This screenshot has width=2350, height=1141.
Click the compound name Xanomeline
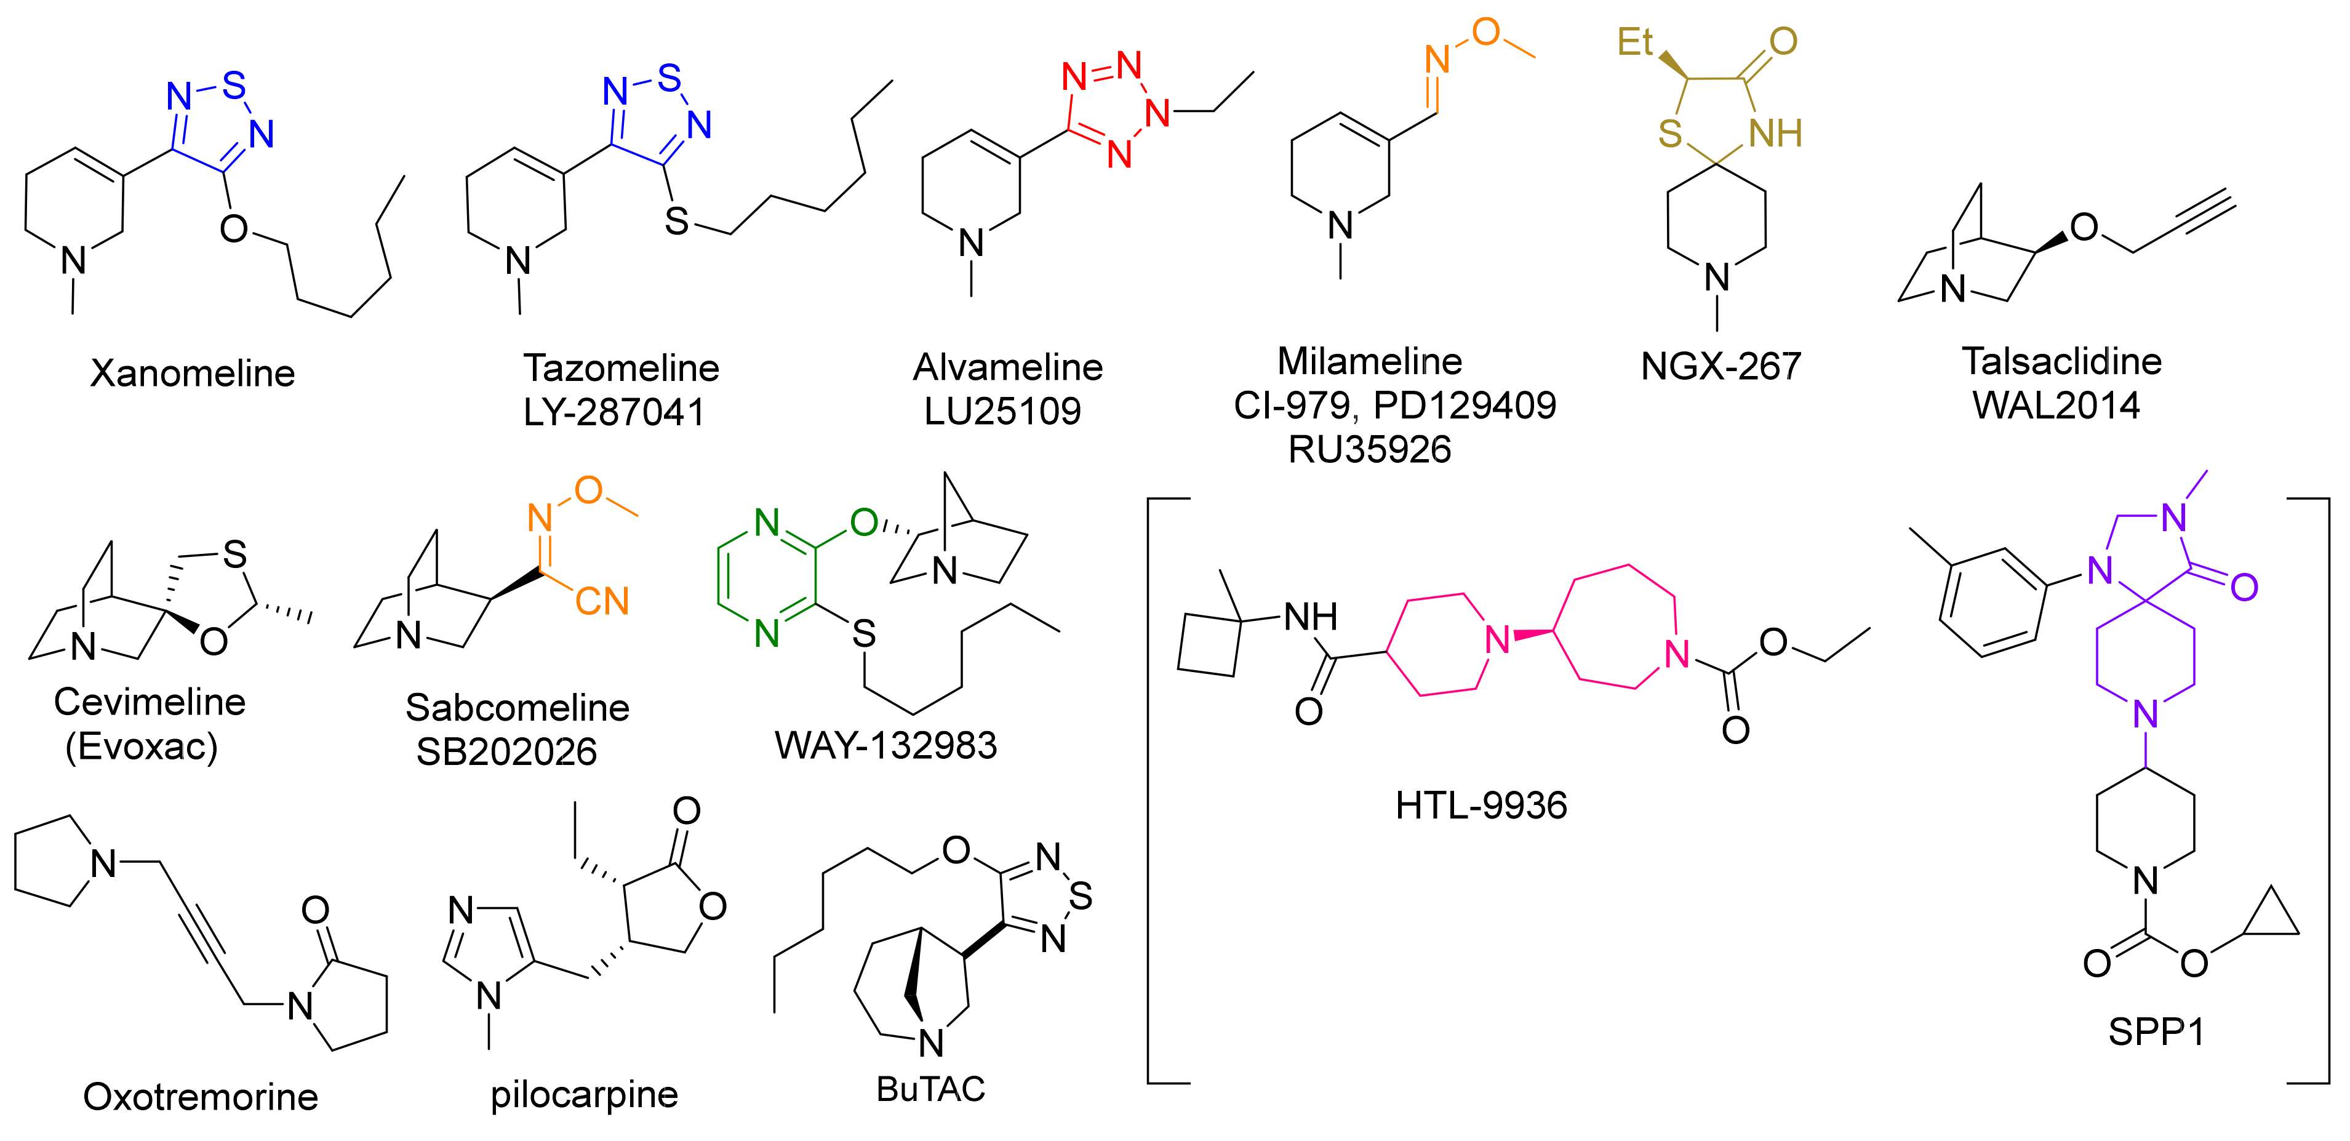pyautogui.click(x=193, y=373)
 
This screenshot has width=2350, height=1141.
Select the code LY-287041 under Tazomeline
pyautogui.click(x=614, y=412)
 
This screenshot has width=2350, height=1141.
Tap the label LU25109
pyautogui.click(x=1002, y=411)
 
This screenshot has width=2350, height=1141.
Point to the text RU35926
pyautogui.click(x=1369, y=450)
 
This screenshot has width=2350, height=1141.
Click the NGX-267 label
pyautogui.click(x=1721, y=367)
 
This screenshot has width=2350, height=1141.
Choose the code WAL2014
pyautogui.click(x=2056, y=405)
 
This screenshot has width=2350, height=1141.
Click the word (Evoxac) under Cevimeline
pyautogui.click(x=142, y=747)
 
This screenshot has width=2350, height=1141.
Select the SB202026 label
pyautogui.click(x=506, y=751)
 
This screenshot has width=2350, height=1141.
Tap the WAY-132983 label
pyautogui.click(x=886, y=746)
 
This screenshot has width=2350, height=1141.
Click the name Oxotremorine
pyautogui.click(x=201, y=1096)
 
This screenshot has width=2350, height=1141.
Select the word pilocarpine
pyautogui.click(x=584, y=1094)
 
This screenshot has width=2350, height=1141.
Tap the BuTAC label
pyautogui.click(x=930, y=1088)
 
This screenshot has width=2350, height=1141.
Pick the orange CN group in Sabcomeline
pyautogui.click(x=602, y=601)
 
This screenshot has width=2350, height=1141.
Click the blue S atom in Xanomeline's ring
pyautogui.click(x=234, y=85)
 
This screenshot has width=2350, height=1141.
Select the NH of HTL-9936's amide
pyautogui.click(x=1310, y=617)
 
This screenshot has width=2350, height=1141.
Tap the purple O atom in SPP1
pyautogui.click(x=2244, y=587)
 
